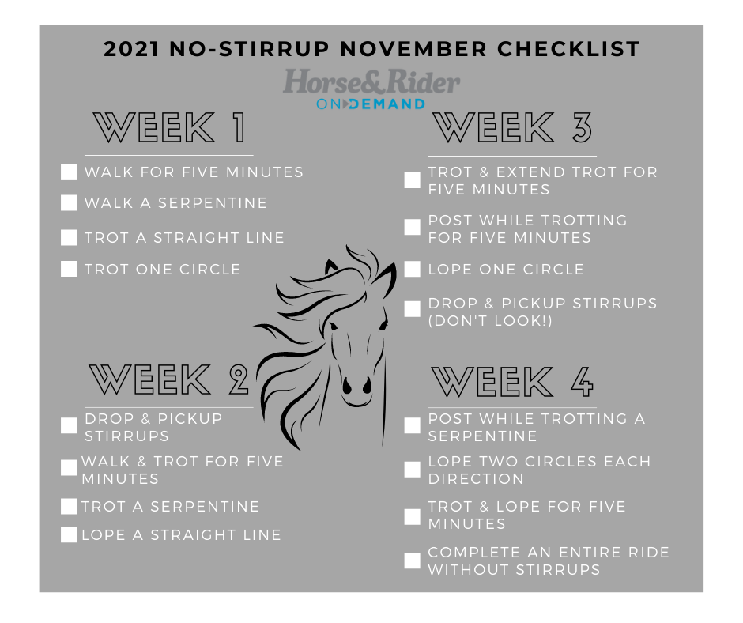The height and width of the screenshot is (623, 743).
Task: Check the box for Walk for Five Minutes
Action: pos(69,172)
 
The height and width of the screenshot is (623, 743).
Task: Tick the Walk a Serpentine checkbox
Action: pos(69,203)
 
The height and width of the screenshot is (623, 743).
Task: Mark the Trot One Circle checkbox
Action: pos(69,270)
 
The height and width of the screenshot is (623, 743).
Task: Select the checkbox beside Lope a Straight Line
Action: pos(69,535)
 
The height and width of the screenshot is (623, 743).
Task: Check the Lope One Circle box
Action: pos(412,270)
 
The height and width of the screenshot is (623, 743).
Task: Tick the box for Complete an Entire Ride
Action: pos(412,561)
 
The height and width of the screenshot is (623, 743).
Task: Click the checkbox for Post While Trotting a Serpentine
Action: pos(412,426)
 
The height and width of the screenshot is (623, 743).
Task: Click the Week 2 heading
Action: pos(169,380)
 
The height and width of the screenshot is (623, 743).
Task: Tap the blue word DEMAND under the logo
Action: pos(387,104)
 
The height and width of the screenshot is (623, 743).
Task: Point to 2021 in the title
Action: pos(131,49)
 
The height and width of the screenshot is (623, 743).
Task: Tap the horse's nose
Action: pos(356,386)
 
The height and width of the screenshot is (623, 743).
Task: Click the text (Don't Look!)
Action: pos(491,320)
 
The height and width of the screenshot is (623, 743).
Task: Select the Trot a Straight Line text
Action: pos(184,237)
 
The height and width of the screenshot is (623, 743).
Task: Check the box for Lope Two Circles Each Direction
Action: pos(412,470)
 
